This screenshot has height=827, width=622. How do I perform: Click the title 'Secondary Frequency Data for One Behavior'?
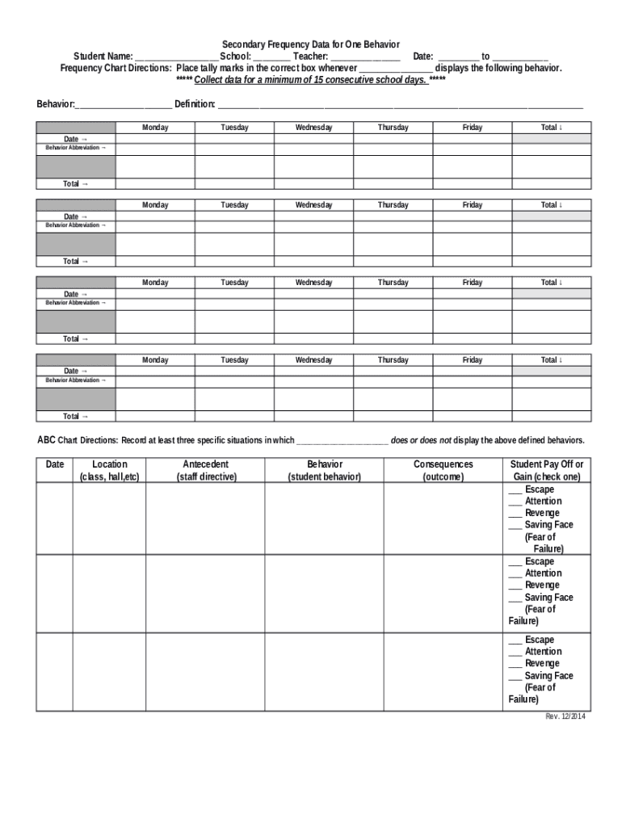(x=311, y=44)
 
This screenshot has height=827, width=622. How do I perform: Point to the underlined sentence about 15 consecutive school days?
(x=311, y=81)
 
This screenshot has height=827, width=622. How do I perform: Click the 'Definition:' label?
(x=195, y=104)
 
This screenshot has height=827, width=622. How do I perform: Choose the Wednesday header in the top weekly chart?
(x=313, y=128)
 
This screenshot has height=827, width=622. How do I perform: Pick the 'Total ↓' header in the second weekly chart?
(x=552, y=205)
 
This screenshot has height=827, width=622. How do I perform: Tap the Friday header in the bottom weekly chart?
(x=473, y=360)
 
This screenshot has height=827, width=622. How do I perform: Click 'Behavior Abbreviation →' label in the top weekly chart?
(x=76, y=148)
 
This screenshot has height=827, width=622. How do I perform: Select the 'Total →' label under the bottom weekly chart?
(x=76, y=417)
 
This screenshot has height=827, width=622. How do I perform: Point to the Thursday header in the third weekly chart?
(x=393, y=283)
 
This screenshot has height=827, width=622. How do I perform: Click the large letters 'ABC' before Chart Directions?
(x=47, y=440)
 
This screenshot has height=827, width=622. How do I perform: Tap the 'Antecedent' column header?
(x=205, y=465)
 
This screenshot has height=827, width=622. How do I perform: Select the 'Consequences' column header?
(x=443, y=465)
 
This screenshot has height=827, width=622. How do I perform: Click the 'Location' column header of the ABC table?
(x=109, y=465)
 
